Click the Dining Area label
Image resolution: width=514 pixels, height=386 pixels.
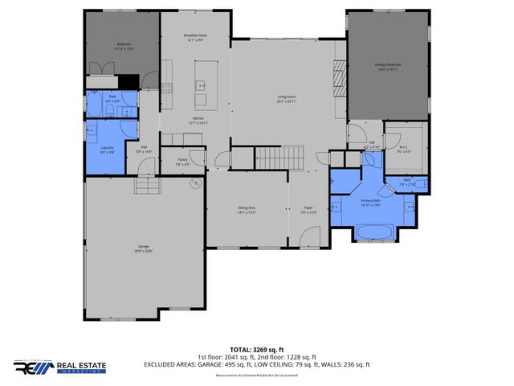tap(247, 211)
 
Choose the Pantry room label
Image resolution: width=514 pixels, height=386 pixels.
tap(182, 162)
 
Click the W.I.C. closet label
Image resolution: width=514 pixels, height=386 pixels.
tap(405, 148)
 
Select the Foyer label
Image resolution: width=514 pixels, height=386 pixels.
tap(308, 211)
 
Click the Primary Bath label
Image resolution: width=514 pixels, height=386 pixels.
tap(370, 203)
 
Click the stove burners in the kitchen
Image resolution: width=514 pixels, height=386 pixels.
tap(166, 88)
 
